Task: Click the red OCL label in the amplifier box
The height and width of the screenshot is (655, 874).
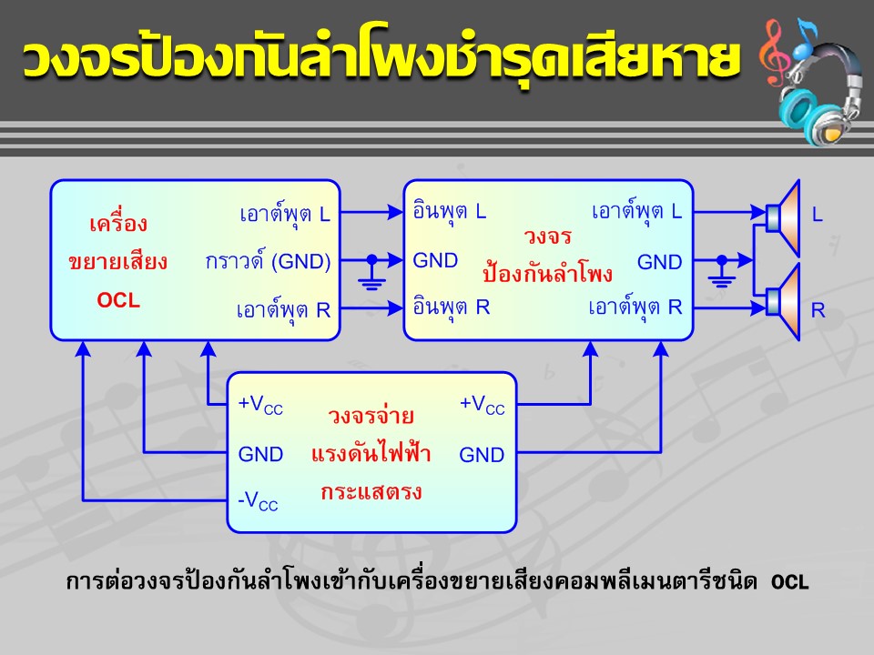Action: coord(118,300)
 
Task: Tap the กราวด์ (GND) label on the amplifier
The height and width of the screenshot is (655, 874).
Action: coord(268,261)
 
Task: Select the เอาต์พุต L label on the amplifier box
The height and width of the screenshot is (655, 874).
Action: coord(285,214)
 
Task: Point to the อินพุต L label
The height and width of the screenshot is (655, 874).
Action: coord(449,212)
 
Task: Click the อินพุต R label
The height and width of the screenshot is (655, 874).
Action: coord(451,307)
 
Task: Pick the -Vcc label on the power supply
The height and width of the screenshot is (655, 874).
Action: coord(258,500)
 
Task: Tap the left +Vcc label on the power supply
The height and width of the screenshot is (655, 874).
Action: coord(260,405)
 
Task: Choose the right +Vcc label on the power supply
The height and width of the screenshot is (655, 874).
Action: coord(482,405)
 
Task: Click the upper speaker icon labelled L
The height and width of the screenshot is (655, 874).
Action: coord(784,217)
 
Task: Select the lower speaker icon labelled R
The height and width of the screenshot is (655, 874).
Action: coord(784,301)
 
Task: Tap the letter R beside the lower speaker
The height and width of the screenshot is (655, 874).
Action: coord(818,310)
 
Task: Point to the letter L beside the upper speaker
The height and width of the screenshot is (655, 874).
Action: coord(818,215)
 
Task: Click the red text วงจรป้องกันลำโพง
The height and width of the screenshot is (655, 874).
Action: coord(547,255)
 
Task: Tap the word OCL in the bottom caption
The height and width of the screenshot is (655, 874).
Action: coord(790,582)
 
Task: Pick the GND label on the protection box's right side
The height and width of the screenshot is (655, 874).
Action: coord(659,262)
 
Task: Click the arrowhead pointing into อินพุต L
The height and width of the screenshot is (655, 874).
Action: coord(395,212)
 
